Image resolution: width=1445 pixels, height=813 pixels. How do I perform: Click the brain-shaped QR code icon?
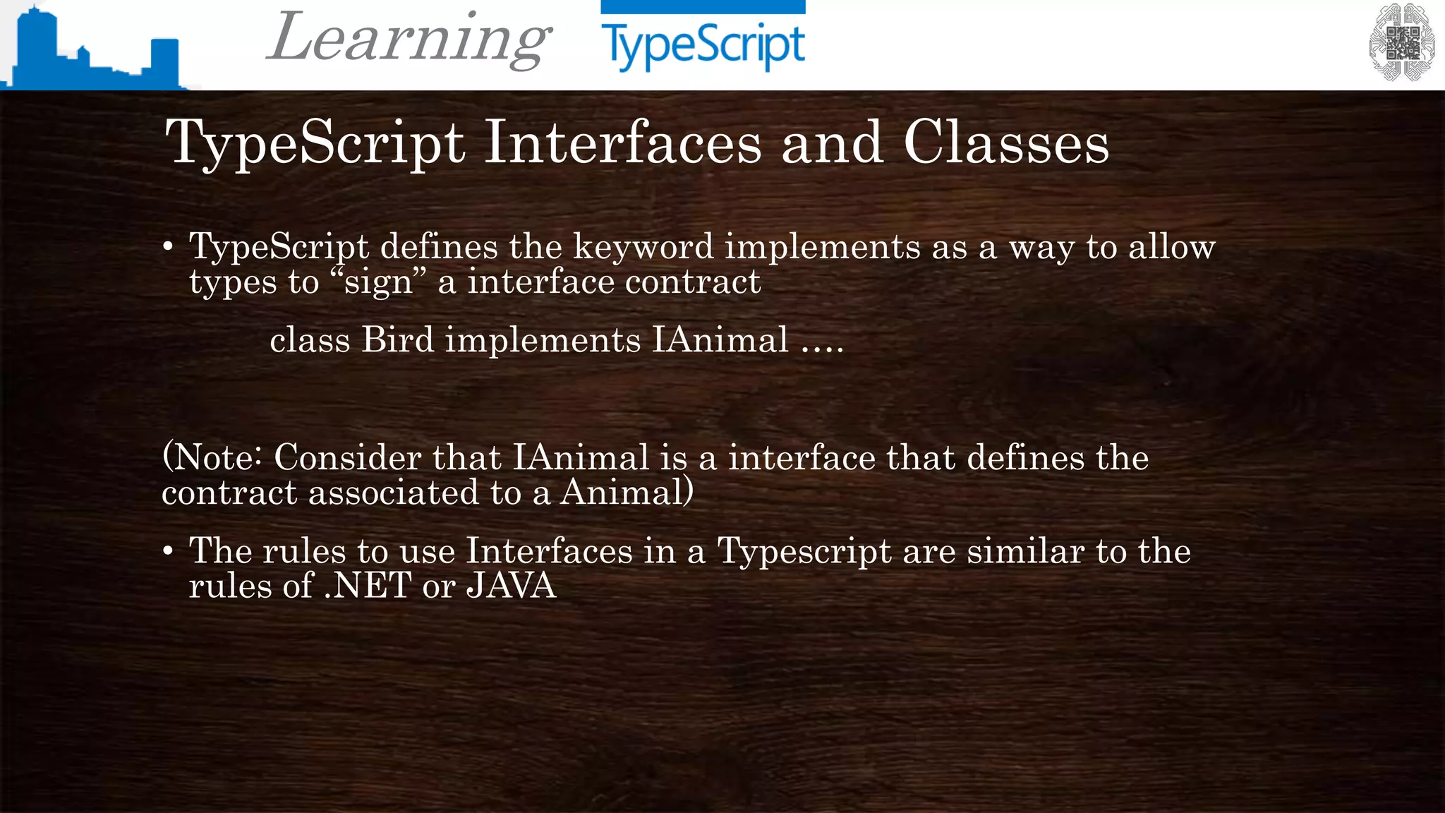tap(1401, 43)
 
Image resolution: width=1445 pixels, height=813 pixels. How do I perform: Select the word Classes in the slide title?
tap(1006, 143)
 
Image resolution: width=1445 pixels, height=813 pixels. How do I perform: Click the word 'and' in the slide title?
tap(833, 143)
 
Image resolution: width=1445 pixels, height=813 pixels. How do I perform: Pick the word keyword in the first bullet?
tap(643, 247)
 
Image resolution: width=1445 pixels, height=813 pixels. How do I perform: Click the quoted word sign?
tap(379, 282)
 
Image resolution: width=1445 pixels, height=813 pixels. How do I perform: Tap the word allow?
tap(1172, 247)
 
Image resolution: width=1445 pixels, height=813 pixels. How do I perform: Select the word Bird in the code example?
tap(398, 340)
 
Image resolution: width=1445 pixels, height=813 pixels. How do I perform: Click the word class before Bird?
tap(310, 340)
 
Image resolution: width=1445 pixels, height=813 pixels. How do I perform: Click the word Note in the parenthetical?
tap(214, 457)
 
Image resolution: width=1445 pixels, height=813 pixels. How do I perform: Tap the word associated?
tap(394, 493)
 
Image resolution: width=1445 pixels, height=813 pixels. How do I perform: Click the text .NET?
tap(368, 586)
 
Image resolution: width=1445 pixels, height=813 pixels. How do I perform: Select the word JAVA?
tap(512, 586)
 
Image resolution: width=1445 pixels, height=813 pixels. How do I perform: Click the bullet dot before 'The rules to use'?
tap(168, 551)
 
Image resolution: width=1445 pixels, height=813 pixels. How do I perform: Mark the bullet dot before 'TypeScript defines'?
tap(168, 247)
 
